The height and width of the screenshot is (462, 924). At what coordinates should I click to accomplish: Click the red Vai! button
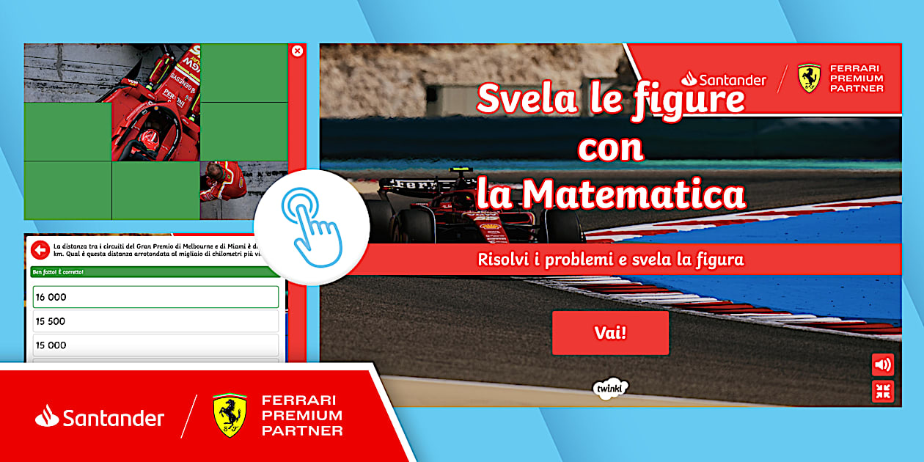coord(610,333)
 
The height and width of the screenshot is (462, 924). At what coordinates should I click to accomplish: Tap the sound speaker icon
coord(883,364)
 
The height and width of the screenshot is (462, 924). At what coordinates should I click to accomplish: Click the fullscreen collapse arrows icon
coord(883,391)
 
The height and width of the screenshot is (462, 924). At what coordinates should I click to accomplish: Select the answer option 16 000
coord(155,297)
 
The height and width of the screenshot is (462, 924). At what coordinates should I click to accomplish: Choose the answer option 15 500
coord(155,321)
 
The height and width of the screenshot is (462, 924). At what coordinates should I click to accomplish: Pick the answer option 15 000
coord(155,345)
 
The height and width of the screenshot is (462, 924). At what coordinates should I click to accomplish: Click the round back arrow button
coord(40,249)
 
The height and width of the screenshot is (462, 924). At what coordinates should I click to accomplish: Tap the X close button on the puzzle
coord(297,51)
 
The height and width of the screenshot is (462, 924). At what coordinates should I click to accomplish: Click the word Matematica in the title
coord(634,195)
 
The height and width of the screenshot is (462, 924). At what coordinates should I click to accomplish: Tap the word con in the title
coord(610,147)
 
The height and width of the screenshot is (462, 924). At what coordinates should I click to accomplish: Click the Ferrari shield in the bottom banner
coord(230,415)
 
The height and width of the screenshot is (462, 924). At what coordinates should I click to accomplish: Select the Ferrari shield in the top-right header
coord(809,78)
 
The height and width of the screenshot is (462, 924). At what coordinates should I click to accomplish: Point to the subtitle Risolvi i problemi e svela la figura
coord(610,260)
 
